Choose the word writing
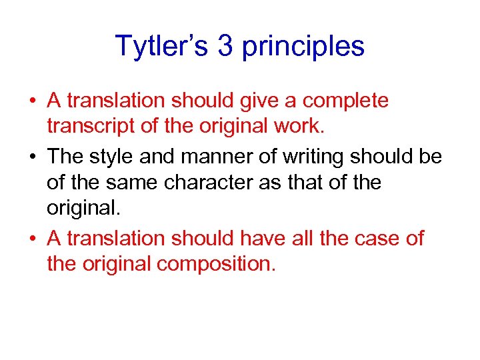317,157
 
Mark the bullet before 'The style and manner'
33,157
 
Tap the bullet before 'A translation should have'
33,238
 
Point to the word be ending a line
431,157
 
